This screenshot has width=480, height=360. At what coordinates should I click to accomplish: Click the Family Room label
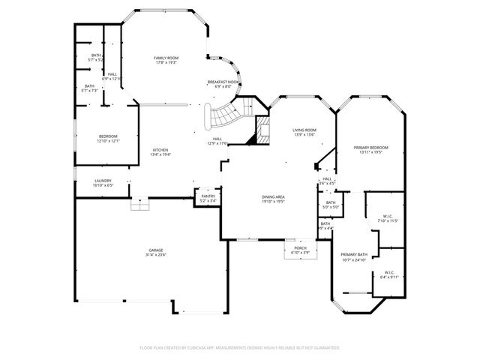click(x=166, y=58)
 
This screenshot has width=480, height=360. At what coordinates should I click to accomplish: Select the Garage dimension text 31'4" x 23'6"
click(x=156, y=255)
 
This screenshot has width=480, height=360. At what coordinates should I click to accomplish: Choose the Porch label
click(x=300, y=247)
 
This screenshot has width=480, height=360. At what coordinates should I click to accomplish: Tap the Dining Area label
click(x=273, y=196)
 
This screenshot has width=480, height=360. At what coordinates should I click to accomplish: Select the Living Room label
click(x=304, y=130)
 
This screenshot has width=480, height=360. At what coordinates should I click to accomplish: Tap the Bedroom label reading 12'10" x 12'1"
click(x=108, y=136)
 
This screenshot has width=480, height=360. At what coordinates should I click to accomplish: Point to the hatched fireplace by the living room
click(x=262, y=129)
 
